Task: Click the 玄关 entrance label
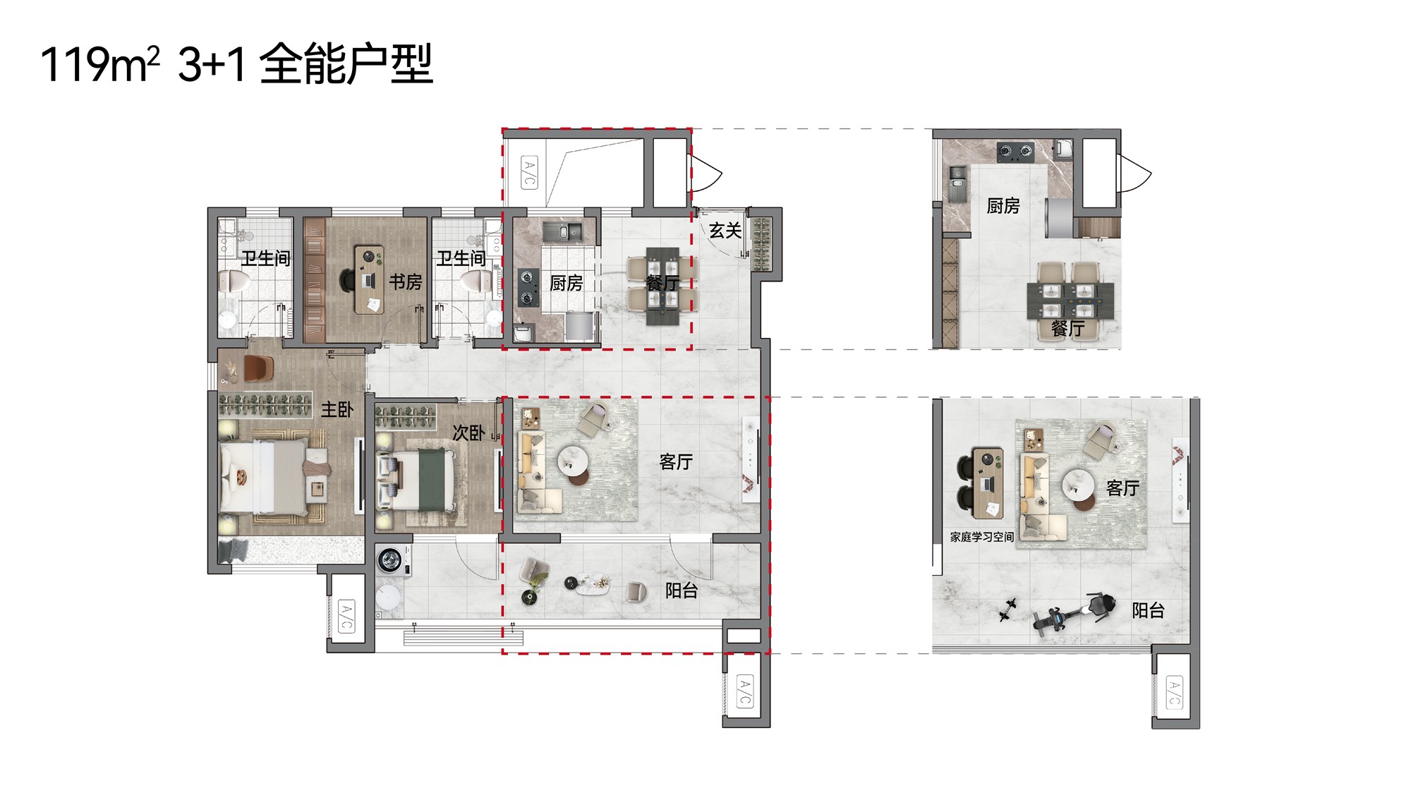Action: (x=725, y=231)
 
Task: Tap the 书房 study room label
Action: (x=406, y=282)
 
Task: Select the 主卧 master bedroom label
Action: (x=337, y=409)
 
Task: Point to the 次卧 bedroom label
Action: (x=468, y=432)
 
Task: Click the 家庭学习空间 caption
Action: (x=981, y=537)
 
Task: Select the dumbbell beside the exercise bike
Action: (x=1007, y=610)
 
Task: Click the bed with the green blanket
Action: (x=419, y=480)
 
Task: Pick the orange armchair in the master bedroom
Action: (x=258, y=368)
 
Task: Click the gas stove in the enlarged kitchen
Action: (x=1015, y=151)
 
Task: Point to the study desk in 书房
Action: (x=369, y=280)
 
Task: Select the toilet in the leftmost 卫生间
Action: (x=232, y=282)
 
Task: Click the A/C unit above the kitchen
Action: (x=529, y=173)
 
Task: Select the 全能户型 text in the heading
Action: (x=346, y=63)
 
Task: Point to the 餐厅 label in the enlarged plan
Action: (x=1067, y=328)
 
